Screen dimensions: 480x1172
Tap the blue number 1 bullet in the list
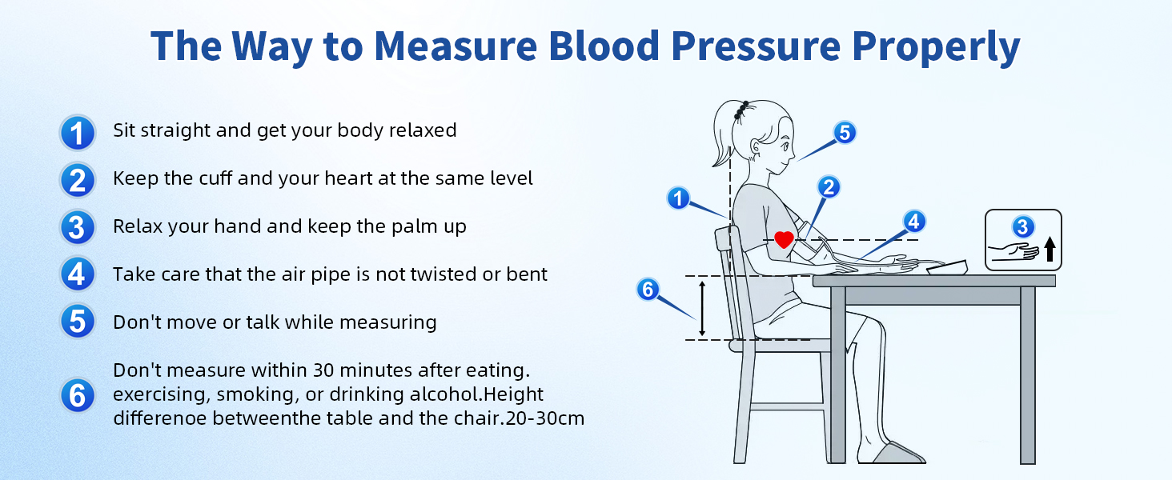click(x=77, y=132)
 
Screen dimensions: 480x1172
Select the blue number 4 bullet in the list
click(x=77, y=275)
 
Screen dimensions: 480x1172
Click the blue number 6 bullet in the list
click(x=77, y=395)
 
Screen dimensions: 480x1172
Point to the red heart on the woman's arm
click(x=784, y=239)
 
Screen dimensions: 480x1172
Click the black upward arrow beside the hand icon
click(x=1050, y=251)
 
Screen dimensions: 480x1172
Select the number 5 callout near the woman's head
click(x=845, y=132)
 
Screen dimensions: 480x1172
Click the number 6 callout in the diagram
click(x=648, y=289)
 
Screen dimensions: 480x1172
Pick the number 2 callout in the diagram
click(x=829, y=186)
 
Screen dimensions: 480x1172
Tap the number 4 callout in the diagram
click(x=914, y=221)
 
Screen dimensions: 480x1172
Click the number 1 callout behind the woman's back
click(x=679, y=198)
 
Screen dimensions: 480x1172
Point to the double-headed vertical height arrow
click(x=702, y=308)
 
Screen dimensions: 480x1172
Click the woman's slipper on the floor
click(x=897, y=453)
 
